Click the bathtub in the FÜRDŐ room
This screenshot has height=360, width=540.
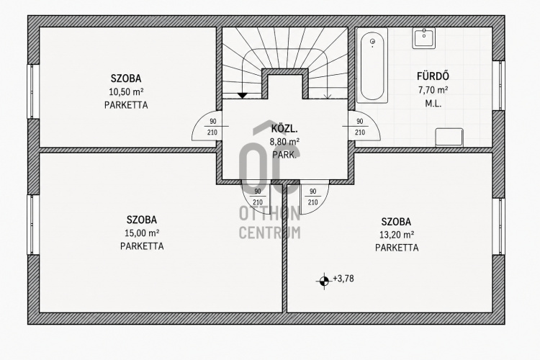pyautogui.click(x=372, y=66)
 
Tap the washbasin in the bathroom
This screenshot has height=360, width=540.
pyautogui.click(x=424, y=38)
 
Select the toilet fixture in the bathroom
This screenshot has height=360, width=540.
pyautogui.click(x=449, y=138)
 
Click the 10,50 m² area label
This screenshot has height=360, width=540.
pyautogui.click(x=126, y=92)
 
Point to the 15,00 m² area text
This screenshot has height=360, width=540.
pyautogui.click(x=142, y=233)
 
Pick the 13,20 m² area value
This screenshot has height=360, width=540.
pyautogui.click(x=397, y=235)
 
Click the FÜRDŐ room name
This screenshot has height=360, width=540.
pyautogui.click(x=433, y=76)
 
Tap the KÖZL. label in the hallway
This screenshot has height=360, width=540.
pyautogui.click(x=284, y=129)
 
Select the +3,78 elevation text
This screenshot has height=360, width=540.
pyautogui.click(x=343, y=279)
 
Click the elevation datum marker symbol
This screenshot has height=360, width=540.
pyautogui.click(x=323, y=281)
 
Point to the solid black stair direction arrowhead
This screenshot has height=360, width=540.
pyautogui.click(x=243, y=95)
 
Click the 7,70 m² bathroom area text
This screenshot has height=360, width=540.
pyautogui.click(x=433, y=90)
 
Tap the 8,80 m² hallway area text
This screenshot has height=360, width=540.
pyautogui.click(x=284, y=142)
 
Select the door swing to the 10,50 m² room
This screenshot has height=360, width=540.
pyautogui.click(x=204, y=126)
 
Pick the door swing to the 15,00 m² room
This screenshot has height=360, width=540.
pyautogui.click(x=256, y=198)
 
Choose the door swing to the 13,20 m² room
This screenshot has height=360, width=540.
pyautogui.click(x=315, y=197)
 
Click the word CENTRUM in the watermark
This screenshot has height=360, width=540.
pyautogui.click(x=270, y=233)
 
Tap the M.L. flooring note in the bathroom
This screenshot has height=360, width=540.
pyautogui.click(x=433, y=104)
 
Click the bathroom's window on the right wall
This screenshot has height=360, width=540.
pyautogui.click(x=498, y=86)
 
